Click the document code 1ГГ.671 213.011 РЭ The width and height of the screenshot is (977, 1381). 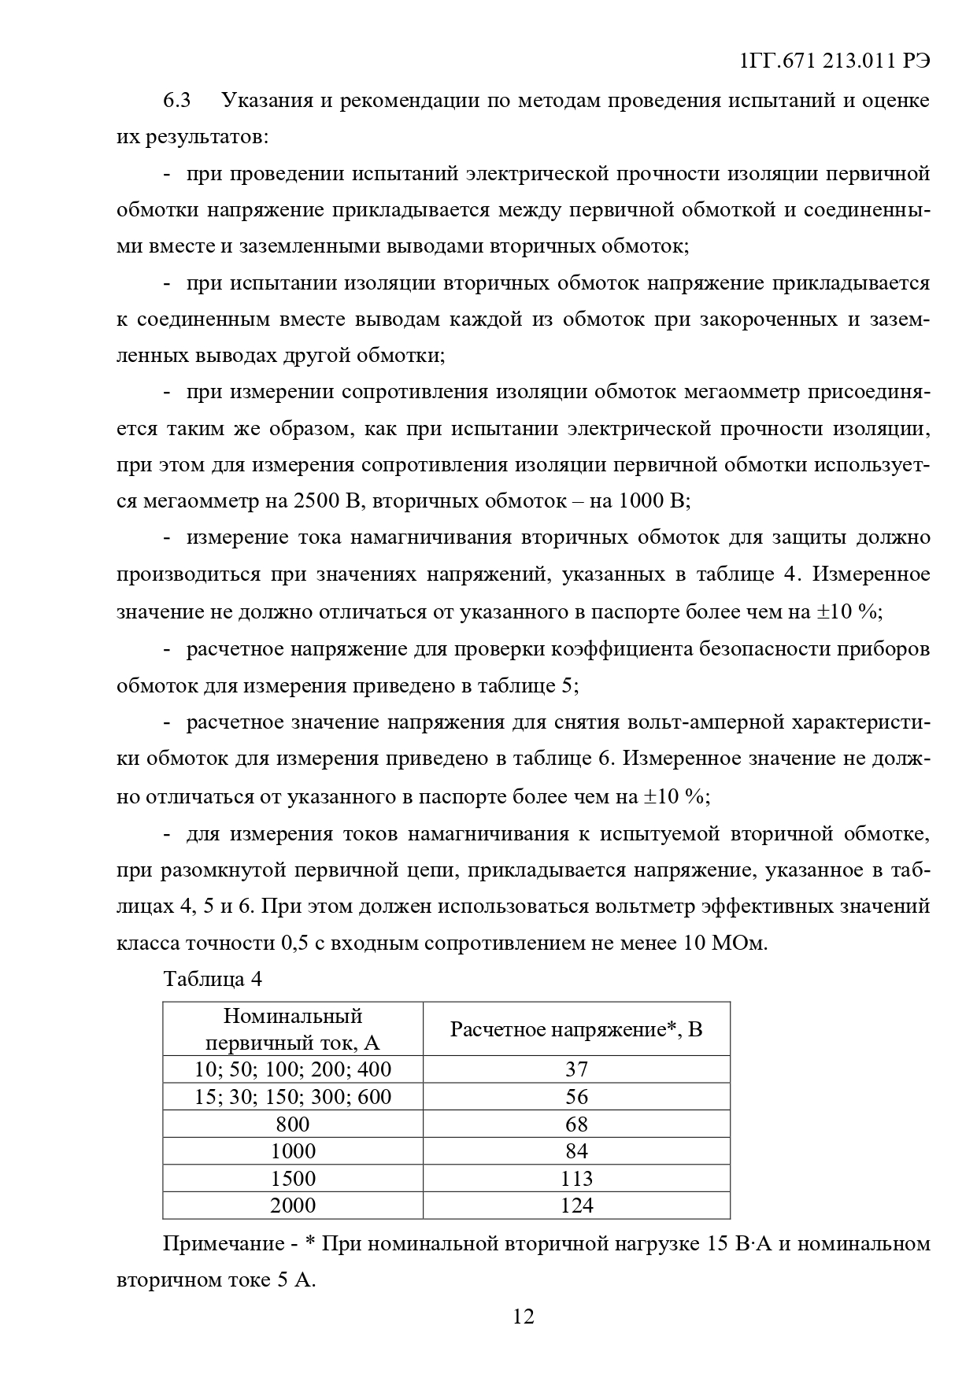[835, 61]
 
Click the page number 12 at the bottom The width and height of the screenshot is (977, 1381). [524, 1316]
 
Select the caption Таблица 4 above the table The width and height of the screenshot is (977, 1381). [212, 979]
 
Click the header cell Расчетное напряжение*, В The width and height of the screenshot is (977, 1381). [576, 1028]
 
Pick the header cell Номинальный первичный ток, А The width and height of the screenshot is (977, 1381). [293, 1028]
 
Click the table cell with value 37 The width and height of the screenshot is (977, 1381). [576, 1069]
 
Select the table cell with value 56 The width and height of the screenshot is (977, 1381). [576, 1096]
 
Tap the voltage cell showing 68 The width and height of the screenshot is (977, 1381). [576, 1124]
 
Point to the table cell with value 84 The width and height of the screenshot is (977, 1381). [576, 1150]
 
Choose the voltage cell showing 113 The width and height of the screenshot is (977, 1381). [576, 1178]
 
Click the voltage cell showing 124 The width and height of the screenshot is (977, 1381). [576, 1205]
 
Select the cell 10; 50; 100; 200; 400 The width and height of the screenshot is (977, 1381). [293, 1069]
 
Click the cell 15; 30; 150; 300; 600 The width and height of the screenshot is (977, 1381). [293, 1096]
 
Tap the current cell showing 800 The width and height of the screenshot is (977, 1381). [293, 1124]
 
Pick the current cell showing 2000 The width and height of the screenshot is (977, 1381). [293, 1205]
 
